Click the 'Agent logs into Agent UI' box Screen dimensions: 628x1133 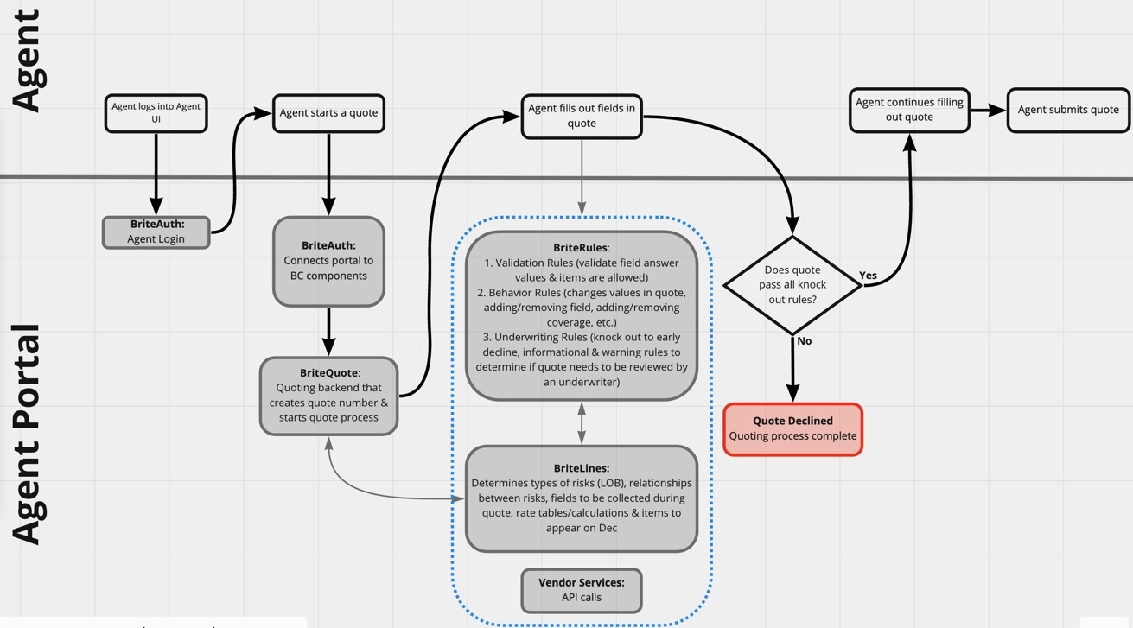[x=156, y=113]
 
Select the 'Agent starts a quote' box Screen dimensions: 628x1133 [x=328, y=113]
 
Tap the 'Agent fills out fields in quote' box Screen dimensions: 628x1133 [x=582, y=116]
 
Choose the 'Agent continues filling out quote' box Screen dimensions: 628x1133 [x=909, y=110]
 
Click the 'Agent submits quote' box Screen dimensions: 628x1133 [x=1068, y=110]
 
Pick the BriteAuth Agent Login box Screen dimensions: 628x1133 [x=156, y=232]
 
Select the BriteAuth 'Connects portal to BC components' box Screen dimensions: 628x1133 [x=328, y=261]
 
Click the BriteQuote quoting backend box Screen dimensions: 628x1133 [x=328, y=396]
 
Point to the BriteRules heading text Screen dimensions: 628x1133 [x=581, y=248]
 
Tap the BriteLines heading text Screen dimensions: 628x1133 [x=581, y=468]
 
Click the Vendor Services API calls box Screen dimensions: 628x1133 [x=582, y=590]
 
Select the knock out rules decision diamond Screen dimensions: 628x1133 [x=792, y=285]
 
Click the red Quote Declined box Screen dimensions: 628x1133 [x=792, y=428]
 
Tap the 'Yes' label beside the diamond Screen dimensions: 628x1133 [x=868, y=276]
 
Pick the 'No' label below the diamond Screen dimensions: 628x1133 [x=805, y=341]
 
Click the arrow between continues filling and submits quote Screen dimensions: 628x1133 [x=988, y=110]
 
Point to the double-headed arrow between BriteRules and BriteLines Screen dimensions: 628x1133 [x=582, y=422]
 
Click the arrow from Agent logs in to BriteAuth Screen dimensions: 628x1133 [x=156, y=173]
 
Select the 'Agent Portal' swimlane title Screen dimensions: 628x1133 [x=28, y=434]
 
